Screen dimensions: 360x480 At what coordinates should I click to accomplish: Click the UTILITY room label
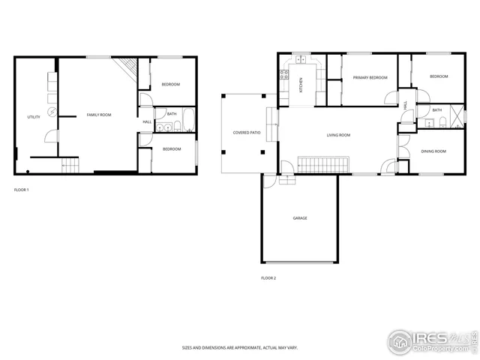pyautogui.click(x=34, y=117)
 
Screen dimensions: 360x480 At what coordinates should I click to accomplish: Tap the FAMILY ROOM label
pyautogui.click(x=99, y=115)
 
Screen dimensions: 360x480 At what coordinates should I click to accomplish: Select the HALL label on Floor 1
pyautogui.click(x=147, y=121)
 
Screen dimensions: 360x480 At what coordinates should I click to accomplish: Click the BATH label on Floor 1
pyautogui.click(x=172, y=114)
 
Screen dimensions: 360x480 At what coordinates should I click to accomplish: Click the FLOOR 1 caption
pyautogui.click(x=22, y=190)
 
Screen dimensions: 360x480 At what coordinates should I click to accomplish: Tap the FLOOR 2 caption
pyautogui.click(x=268, y=278)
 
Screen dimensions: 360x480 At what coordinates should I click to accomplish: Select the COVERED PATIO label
pyautogui.click(x=247, y=133)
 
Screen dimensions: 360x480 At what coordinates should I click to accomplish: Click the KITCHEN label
pyautogui.click(x=301, y=84)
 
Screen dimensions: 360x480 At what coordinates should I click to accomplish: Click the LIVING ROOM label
pyautogui.click(x=338, y=135)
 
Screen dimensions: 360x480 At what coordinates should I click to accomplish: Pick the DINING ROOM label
pyautogui.click(x=433, y=151)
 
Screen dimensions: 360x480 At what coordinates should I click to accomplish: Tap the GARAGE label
pyautogui.click(x=299, y=218)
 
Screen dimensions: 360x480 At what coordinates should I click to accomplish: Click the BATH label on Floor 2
pyautogui.click(x=436, y=110)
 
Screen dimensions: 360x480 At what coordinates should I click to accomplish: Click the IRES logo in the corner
pyautogui.click(x=430, y=341)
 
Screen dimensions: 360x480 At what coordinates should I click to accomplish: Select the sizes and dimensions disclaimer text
pyautogui.click(x=239, y=348)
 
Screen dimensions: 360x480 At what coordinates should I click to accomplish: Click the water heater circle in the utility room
pyautogui.click(x=52, y=112)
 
